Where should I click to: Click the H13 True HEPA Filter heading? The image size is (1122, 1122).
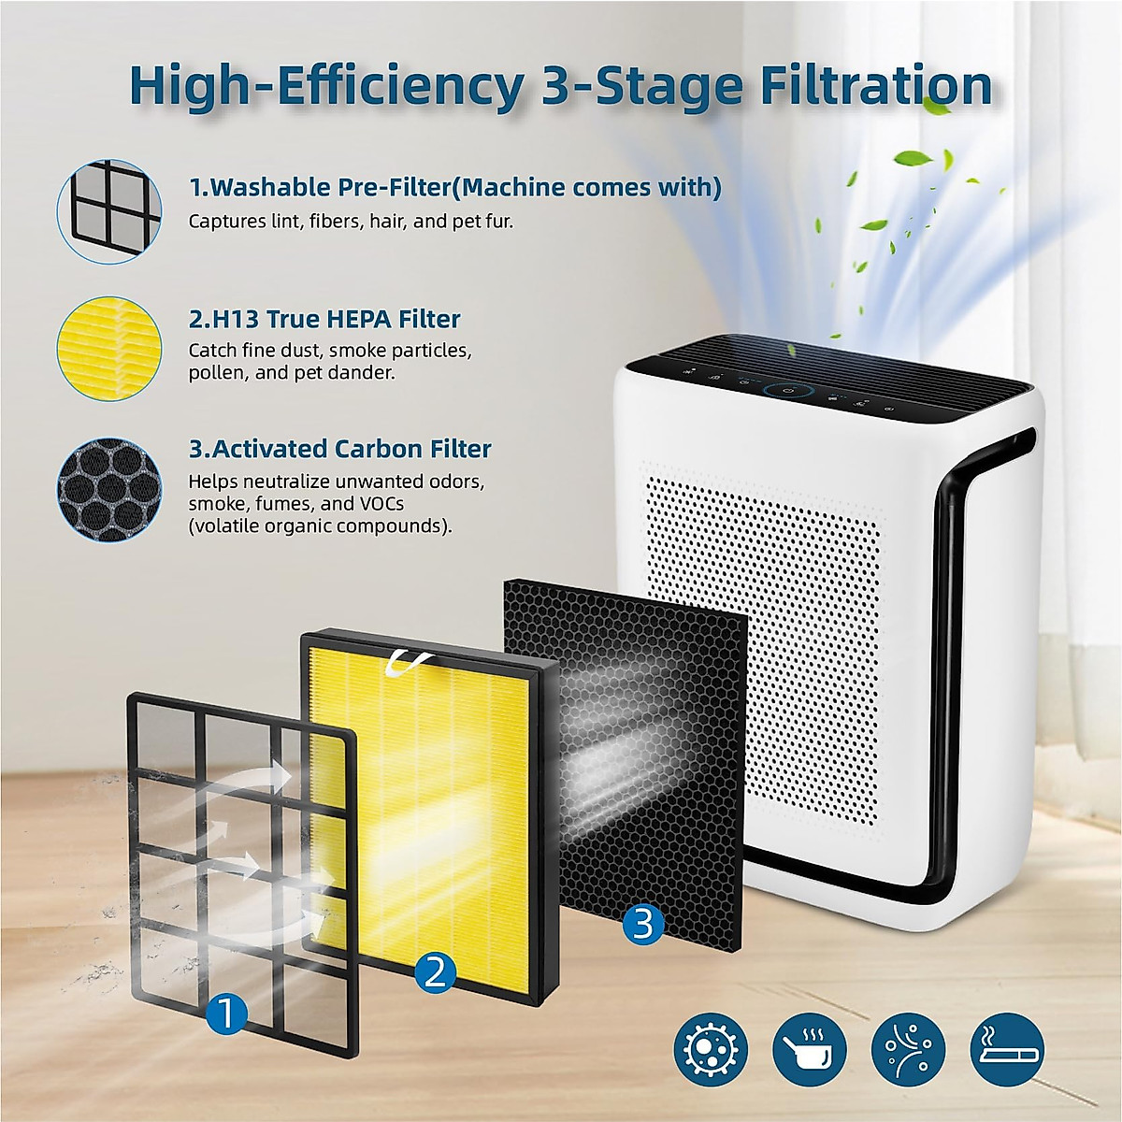[324, 319]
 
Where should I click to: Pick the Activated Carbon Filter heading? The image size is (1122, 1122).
[339, 449]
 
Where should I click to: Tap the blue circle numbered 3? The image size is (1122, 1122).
[642, 924]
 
